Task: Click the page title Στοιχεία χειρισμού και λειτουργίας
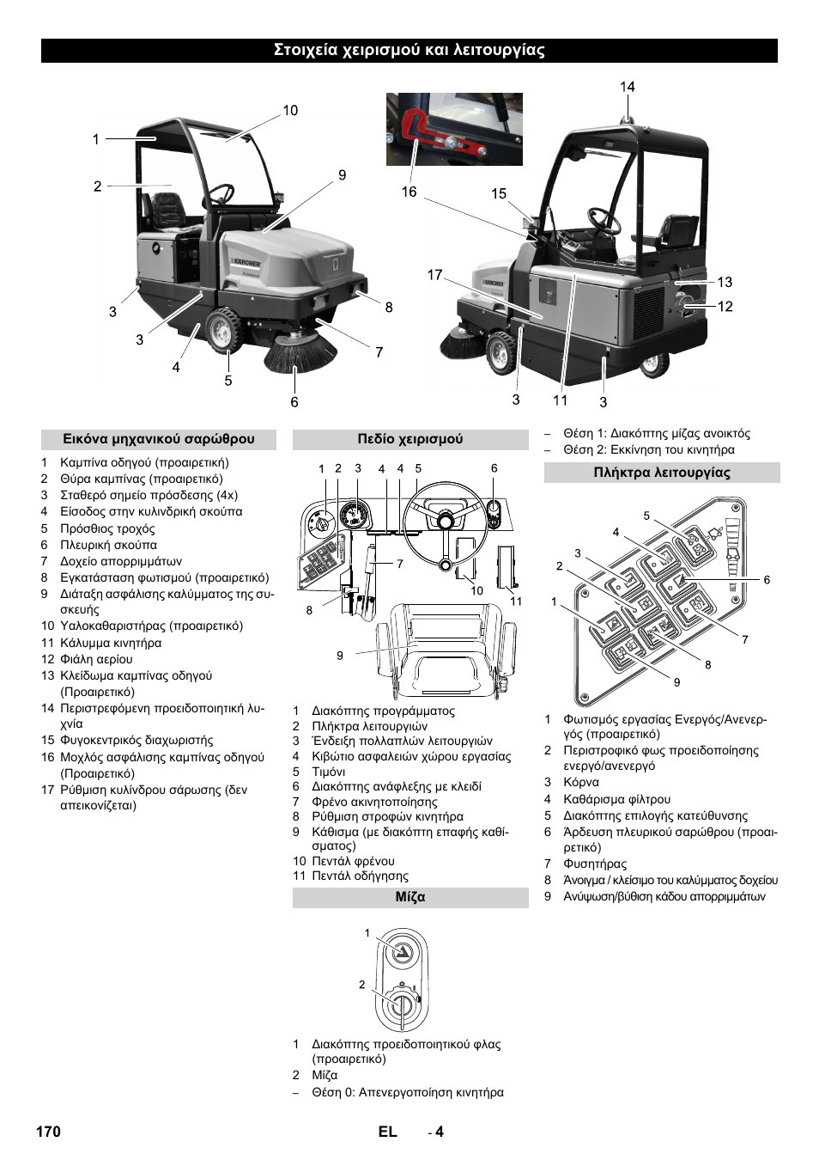409,50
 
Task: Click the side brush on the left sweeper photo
300,353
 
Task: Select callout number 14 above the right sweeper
628,87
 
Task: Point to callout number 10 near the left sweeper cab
290,110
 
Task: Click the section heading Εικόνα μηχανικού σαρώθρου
159,439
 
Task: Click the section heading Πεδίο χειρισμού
410,439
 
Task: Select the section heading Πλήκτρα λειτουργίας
662,473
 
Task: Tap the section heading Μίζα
410,897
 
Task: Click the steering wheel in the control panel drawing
445,522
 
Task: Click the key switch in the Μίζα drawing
401,1004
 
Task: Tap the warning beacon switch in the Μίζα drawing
400,951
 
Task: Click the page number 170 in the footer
49,1132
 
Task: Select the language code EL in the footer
388,1132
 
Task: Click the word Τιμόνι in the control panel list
329,772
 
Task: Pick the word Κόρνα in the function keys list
581,782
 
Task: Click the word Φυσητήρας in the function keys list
595,864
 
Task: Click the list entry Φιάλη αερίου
96,659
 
